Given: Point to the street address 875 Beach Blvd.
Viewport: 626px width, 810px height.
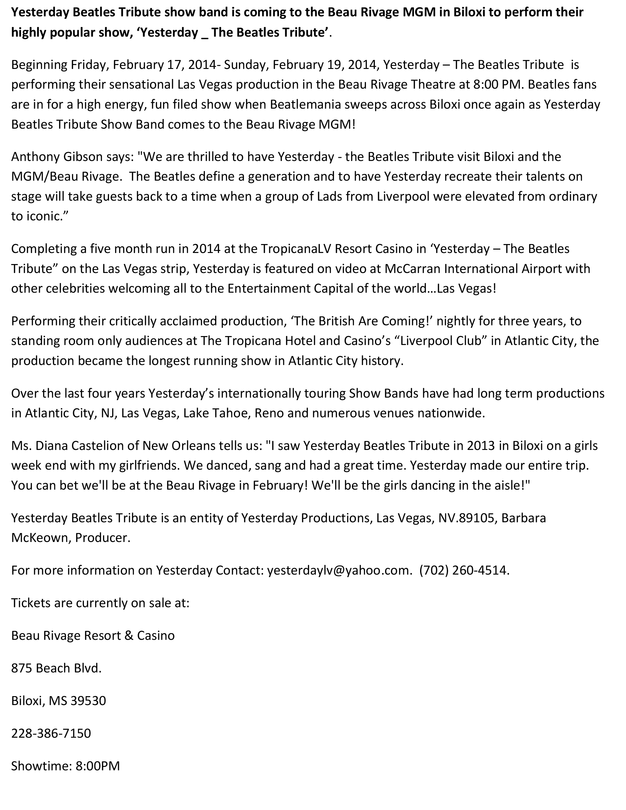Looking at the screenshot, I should pyautogui.click(x=56, y=668).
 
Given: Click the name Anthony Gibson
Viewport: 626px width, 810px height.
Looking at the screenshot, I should pyautogui.click(x=57, y=157).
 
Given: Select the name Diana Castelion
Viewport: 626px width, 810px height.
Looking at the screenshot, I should pyautogui.click(x=81, y=445).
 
